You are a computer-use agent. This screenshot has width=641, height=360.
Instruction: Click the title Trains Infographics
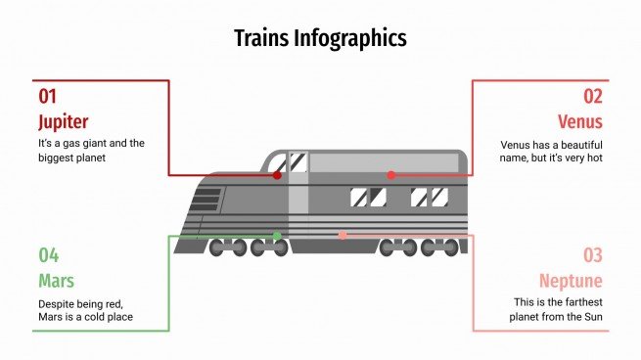pyautogui.click(x=320, y=38)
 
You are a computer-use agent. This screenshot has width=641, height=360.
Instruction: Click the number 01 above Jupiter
pyautogui.click(x=48, y=96)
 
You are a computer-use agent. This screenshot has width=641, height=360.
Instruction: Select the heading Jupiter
pyautogui.click(x=63, y=122)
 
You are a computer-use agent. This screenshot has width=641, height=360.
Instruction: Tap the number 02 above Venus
pyautogui.click(x=593, y=96)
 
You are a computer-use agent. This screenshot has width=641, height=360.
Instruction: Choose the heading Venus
pyautogui.click(x=579, y=122)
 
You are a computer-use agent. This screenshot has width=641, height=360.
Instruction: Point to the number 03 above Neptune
pyautogui.click(x=593, y=255)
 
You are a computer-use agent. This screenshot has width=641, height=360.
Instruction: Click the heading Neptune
pyautogui.click(x=571, y=282)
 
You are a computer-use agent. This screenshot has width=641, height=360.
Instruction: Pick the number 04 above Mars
pyautogui.click(x=49, y=255)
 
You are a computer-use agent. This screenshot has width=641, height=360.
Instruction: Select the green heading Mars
pyautogui.click(x=56, y=282)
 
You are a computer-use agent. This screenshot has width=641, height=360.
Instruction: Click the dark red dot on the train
pyautogui.click(x=278, y=175)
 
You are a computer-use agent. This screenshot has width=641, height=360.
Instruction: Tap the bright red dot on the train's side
pyautogui.click(x=390, y=175)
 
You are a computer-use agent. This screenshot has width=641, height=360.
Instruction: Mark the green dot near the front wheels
pyautogui.click(x=277, y=236)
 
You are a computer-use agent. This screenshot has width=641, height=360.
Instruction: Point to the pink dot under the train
pyautogui.click(x=343, y=235)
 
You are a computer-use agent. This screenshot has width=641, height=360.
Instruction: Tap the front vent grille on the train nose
pyautogui.click(x=206, y=198)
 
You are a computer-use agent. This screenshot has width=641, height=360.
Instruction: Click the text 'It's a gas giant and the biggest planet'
pyautogui.click(x=91, y=150)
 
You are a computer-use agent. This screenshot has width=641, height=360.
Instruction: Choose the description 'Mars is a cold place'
pyautogui.click(x=86, y=309)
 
